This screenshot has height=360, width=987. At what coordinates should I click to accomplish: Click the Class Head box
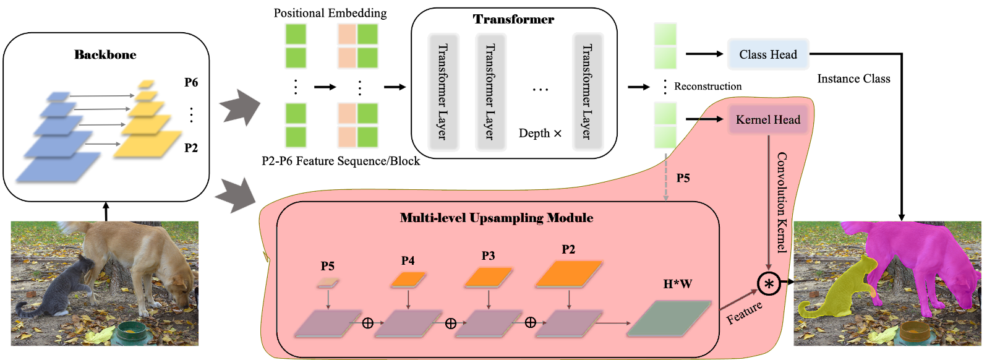pyautogui.click(x=768, y=54)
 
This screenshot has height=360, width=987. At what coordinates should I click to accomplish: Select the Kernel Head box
pyautogui.click(x=768, y=120)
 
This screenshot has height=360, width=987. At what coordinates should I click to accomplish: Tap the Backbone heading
pyautogui.click(x=105, y=54)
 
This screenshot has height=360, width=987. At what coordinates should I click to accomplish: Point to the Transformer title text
pyautogui.click(x=513, y=19)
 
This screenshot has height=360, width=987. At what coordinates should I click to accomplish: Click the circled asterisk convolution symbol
pyautogui.click(x=769, y=284)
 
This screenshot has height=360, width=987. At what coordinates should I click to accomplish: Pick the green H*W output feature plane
pyautogui.click(x=669, y=319)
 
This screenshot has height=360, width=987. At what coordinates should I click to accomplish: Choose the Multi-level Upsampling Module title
pyautogui.click(x=497, y=218)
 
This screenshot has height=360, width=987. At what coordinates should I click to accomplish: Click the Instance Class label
pyautogui.click(x=853, y=79)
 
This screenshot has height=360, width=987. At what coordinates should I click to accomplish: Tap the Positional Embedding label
pyautogui.click(x=330, y=13)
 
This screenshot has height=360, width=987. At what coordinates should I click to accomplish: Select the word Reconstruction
pyautogui.click(x=707, y=87)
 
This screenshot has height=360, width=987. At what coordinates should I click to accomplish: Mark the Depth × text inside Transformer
pyautogui.click(x=540, y=134)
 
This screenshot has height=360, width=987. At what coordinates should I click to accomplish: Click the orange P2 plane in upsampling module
pyautogui.click(x=568, y=273)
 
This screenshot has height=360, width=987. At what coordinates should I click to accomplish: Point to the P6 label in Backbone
pyautogui.click(x=191, y=82)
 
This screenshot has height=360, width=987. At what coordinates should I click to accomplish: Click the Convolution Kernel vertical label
pyautogui.click(x=782, y=202)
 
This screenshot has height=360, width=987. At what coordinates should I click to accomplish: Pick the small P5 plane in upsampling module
pyautogui.click(x=328, y=283)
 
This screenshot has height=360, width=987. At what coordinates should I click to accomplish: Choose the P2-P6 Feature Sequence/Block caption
pyautogui.click(x=341, y=161)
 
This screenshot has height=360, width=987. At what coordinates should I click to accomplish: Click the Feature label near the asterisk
pyautogui.click(x=744, y=312)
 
